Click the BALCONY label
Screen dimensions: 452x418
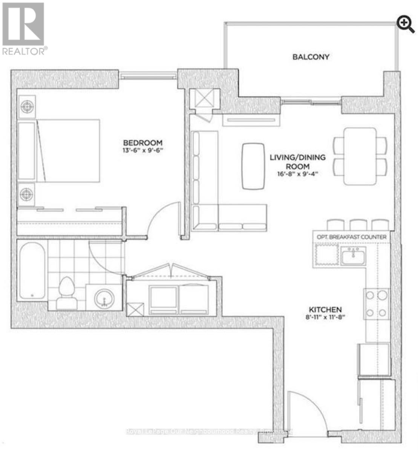click(x=311, y=57)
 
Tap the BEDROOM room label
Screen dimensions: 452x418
click(x=143, y=143)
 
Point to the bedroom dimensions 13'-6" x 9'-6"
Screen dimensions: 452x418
click(x=143, y=150)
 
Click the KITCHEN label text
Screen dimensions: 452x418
click(x=324, y=309)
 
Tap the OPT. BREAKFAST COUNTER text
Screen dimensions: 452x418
click(x=351, y=237)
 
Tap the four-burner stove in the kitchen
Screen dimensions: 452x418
click(x=376, y=304)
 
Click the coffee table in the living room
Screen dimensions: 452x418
click(x=253, y=166)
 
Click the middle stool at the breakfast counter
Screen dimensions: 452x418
click(x=358, y=225)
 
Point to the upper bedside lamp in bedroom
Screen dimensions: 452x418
click(x=27, y=107)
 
